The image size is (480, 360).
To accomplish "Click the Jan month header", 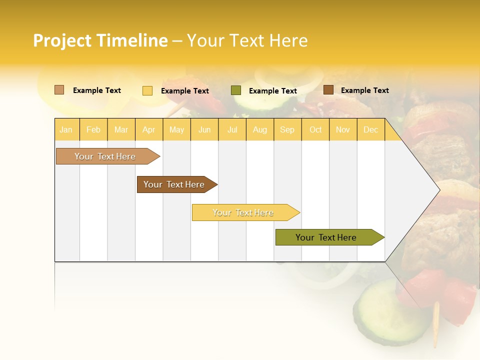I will coord(66,129).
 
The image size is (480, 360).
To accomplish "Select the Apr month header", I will coord(148,129).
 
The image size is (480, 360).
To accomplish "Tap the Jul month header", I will coord(232,129).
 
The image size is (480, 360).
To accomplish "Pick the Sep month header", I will coord(287,129).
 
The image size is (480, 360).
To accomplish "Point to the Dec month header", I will coord(370,129).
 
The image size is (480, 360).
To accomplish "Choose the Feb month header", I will coord(93,129).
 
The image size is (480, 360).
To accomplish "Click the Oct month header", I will coord(315,129).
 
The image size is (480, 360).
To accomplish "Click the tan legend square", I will coord(59,90).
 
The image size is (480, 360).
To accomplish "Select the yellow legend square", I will coord(147,90).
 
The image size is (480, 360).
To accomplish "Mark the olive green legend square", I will coord(236,90).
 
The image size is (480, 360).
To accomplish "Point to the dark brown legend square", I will coord(328,90).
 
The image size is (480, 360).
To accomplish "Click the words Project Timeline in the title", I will coord(100,40).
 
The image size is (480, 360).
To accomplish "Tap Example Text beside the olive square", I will coord(273,91).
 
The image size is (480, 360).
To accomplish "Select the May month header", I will coord(176,129).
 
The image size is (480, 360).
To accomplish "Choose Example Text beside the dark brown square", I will coord(365,90).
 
